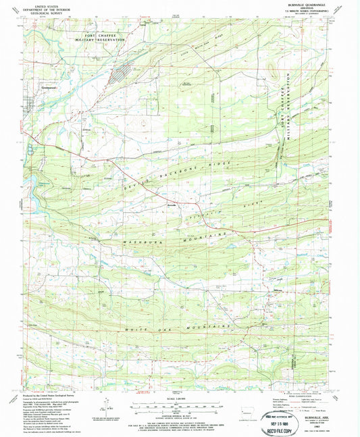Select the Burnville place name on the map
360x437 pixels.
[172, 205]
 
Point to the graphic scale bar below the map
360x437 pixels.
[179, 407]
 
